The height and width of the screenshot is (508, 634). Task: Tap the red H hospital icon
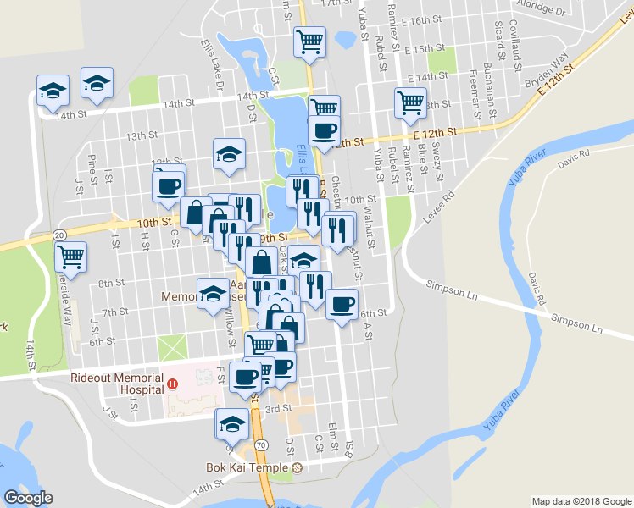173,384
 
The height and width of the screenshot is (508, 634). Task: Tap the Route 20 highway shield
58,234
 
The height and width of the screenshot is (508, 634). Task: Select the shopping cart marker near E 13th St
410,102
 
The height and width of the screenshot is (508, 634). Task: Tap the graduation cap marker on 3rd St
232,422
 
